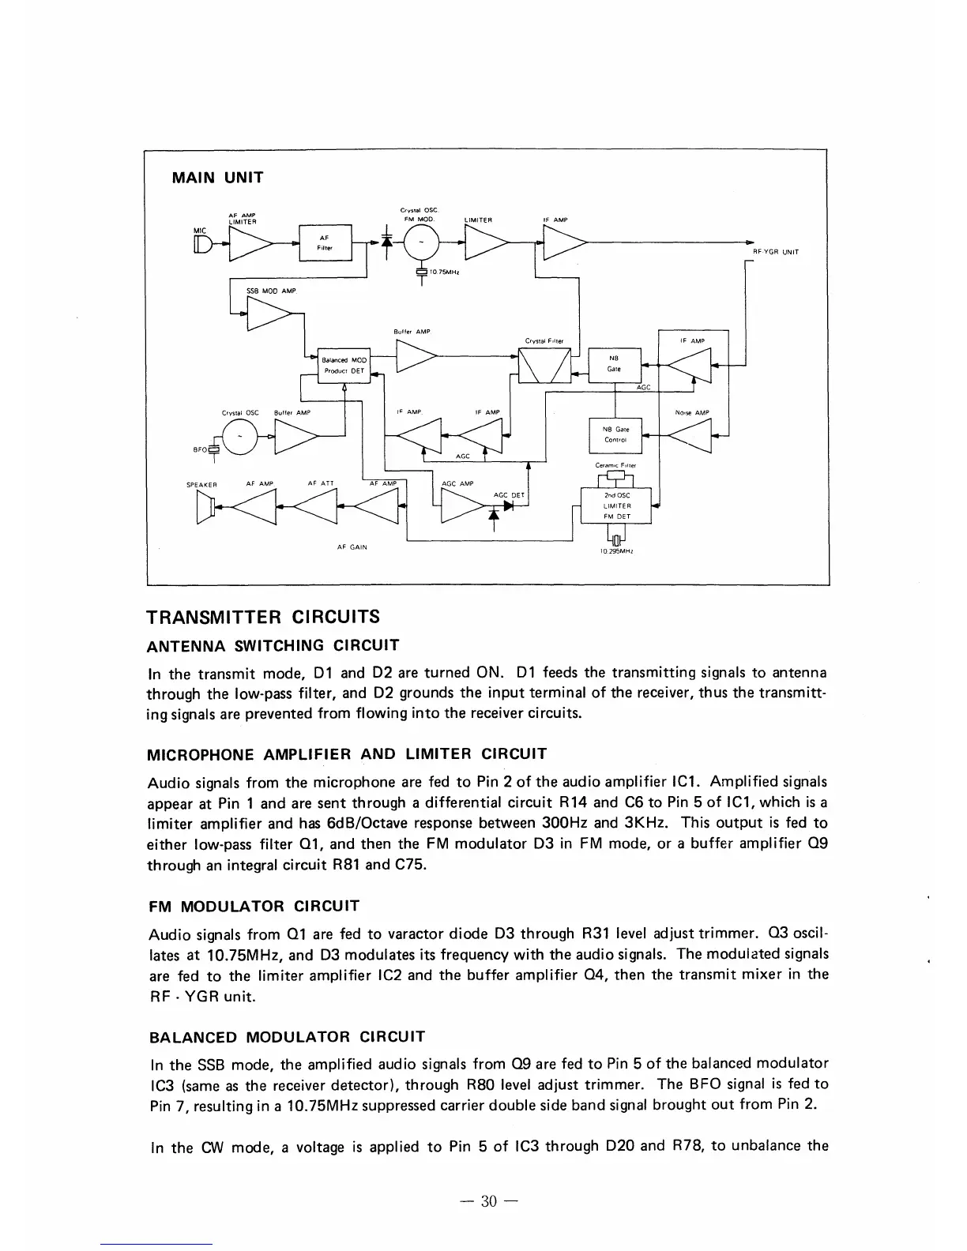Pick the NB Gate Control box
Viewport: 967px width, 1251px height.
coord(615,434)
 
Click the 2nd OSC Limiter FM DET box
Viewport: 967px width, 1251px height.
coord(615,505)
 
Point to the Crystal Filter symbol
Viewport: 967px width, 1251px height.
coord(544,363)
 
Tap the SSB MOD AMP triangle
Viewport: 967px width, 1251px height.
coord(266,314)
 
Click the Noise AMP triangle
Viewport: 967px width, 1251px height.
coord(689,434)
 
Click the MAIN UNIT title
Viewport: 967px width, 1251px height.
coord(217,178)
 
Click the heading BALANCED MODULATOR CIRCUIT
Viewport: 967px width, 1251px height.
coord(286,1036)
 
